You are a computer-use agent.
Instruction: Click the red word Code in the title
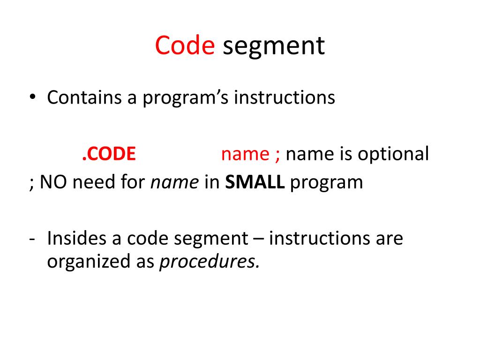(185, 46)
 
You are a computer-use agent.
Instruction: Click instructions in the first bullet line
(285, 97)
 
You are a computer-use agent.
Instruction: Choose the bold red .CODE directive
(109, 154)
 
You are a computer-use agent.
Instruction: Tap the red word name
(245, 154)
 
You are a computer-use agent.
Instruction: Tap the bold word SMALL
(255, 182)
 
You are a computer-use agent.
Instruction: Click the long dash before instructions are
(258, 239)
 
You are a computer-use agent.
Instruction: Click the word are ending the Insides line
(389, 239)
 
